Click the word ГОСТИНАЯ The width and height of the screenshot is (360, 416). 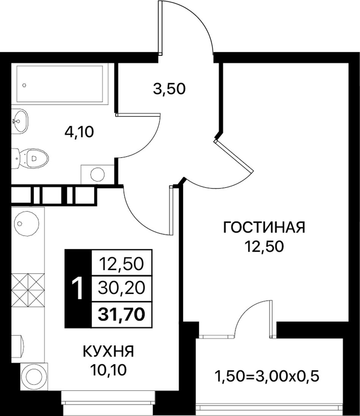click(264, 228)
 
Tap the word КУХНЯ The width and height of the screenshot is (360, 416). click(108, 351)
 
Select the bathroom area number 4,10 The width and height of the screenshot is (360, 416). click(79, 132)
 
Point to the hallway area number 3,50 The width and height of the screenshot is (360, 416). click(169, 89)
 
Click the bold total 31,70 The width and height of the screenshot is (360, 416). click(122, 315)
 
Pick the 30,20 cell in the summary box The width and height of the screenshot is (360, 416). click(122, 288)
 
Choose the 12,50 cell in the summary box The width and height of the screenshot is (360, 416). click(122, 264)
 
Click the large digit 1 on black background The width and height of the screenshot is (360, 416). click(78, 288)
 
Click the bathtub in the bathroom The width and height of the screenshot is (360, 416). click(60, 84)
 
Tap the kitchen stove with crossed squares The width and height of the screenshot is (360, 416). click(28, 290)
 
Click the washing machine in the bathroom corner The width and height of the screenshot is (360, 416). click(97, 174)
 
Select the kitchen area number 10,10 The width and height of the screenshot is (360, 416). click(108, 369)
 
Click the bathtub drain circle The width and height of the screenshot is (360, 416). click(24, 85)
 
